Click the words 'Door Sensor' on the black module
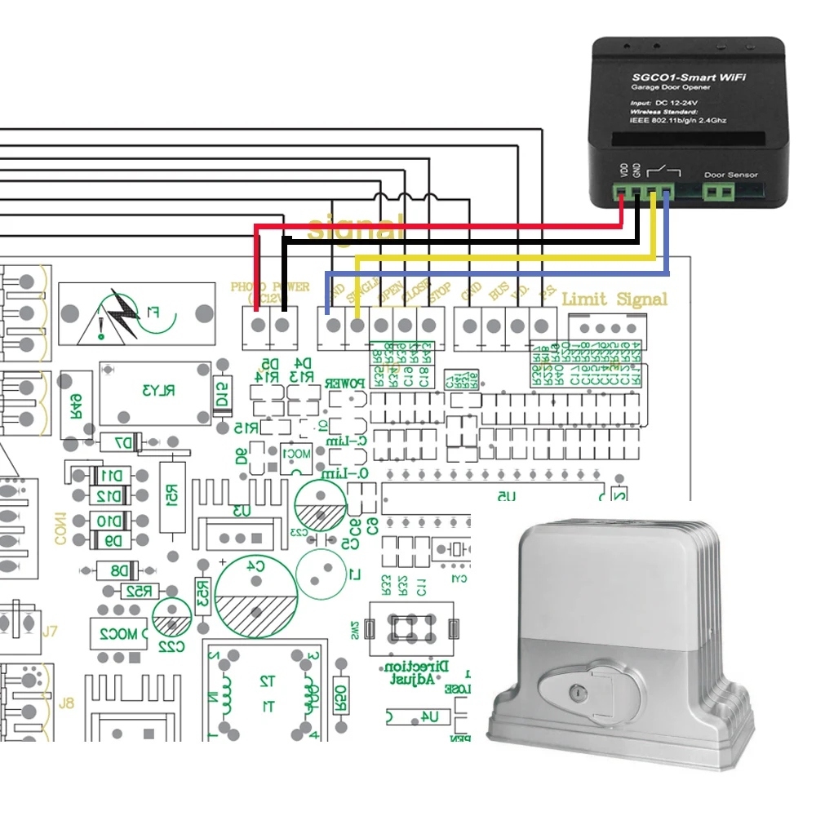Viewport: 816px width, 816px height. click(730, 175)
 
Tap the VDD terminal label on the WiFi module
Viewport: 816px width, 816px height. click(624, 171)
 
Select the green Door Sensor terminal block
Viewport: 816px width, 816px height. click(718, 193)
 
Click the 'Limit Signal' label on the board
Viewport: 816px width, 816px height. click(614, 299)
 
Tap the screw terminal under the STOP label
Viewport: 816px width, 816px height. click(428, 325)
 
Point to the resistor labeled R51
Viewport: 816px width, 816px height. click(172, 498)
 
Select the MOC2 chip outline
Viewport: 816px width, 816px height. click(118, 633)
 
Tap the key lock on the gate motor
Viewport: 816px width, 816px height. click(578, 692)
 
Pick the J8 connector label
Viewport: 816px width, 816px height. click(66, 703)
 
